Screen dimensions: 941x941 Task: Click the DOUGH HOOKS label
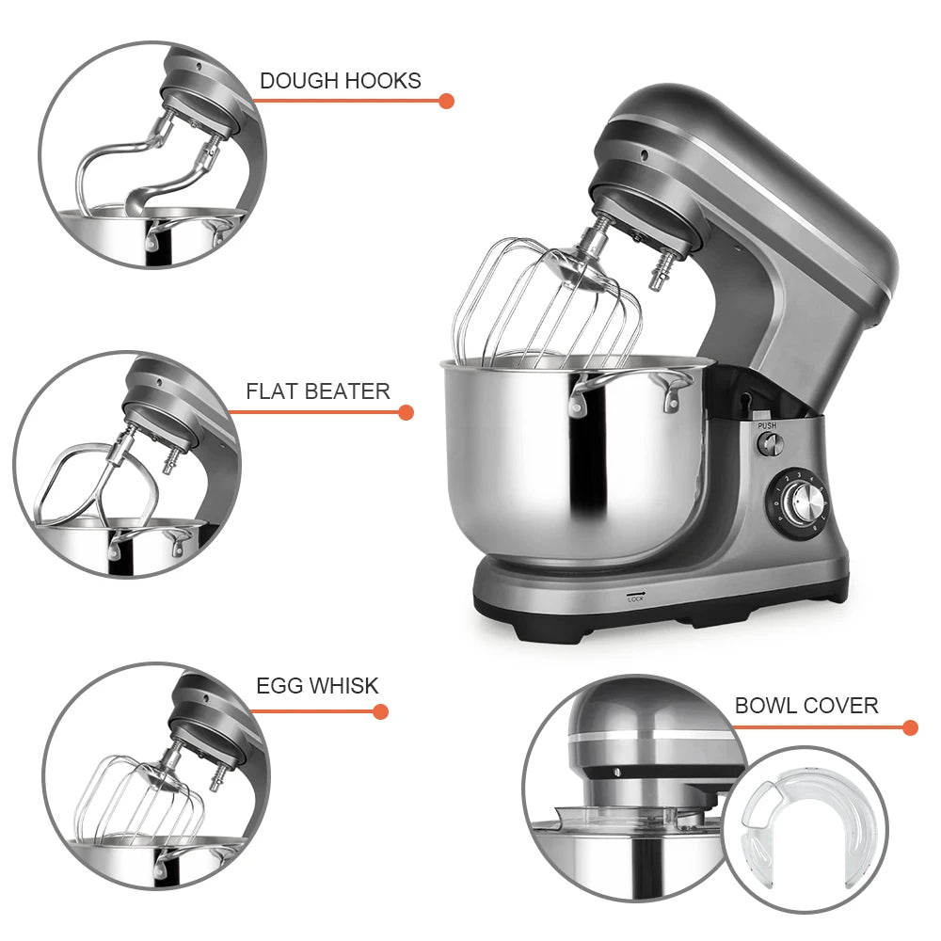[340, 81]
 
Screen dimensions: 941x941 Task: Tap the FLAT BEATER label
[317, 391]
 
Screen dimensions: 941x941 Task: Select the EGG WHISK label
[317, 686]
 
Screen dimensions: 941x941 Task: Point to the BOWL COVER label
[806, 705]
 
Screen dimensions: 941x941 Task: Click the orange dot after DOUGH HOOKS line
[446, 101]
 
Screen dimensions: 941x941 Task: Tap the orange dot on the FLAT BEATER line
[406, 412]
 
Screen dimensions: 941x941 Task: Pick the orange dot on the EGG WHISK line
[380, 711]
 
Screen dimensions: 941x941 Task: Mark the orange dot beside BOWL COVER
[909, 727]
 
